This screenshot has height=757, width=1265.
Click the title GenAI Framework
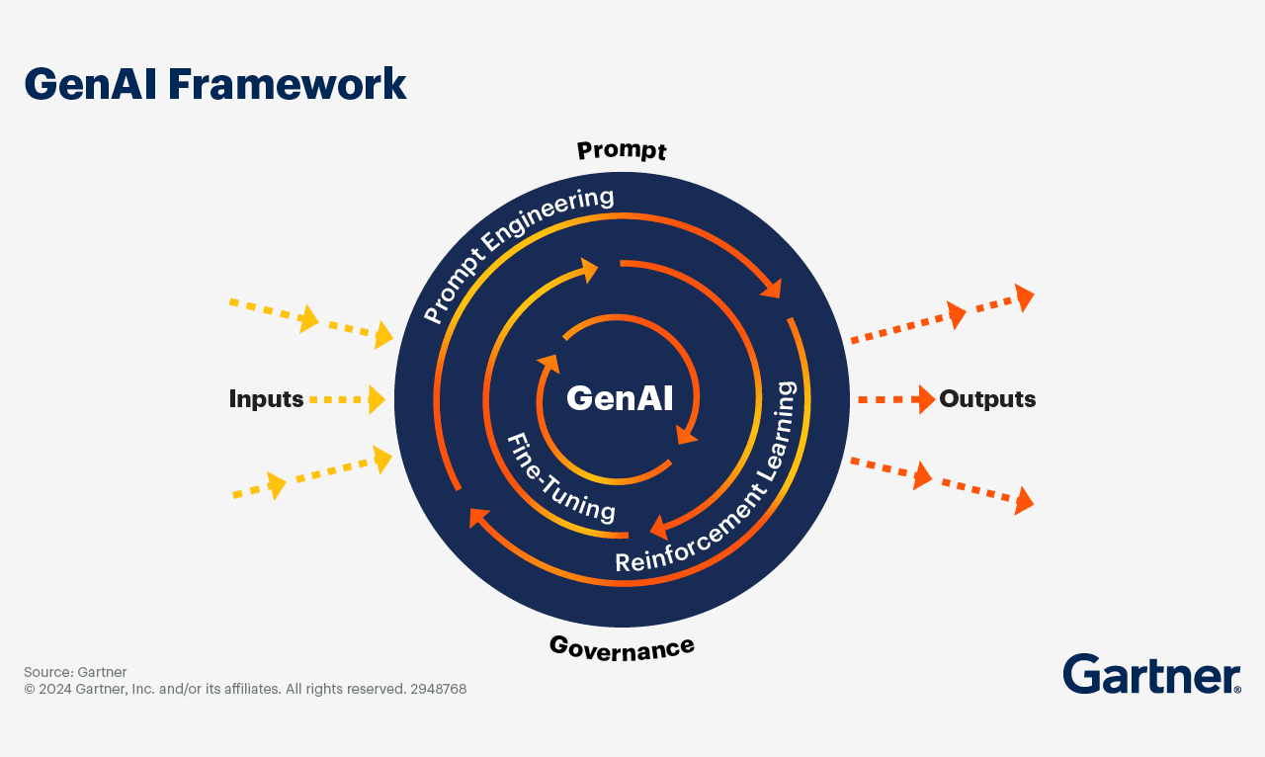click(214, 85)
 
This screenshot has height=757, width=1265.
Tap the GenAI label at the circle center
click(620, 398)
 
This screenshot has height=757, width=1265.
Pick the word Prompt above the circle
click(622, 150)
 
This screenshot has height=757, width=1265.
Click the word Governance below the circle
click(622, 646)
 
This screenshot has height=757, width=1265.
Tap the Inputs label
click(266, 399)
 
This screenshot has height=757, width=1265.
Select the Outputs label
click(987, 399)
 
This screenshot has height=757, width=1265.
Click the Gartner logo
click(1151, 674)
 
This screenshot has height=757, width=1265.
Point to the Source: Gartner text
click(75, 672)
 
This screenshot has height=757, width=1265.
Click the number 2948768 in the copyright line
click(438, 689)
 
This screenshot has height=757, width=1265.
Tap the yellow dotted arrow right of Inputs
click(347, 399)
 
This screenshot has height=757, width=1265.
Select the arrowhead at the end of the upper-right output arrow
click(1024, 297)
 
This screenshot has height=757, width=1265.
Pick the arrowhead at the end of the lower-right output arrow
click(1024, 501)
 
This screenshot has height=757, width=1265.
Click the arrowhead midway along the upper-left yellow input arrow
click(308, 318)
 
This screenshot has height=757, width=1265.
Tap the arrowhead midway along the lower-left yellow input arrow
click(276, 485)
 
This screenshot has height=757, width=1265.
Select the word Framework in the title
click(287, 85)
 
